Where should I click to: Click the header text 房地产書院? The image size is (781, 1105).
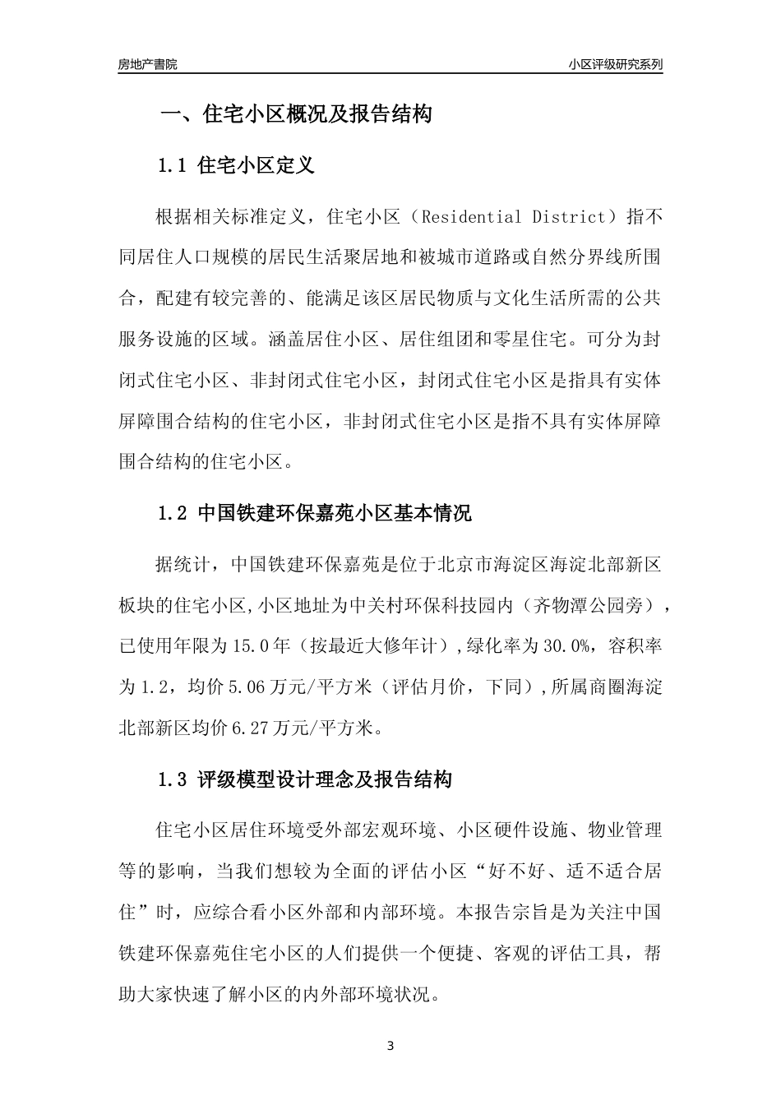(x=148, y=64)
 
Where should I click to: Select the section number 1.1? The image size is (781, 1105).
(x=173, y=165)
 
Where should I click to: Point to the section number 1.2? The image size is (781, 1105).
(x=173, y=514)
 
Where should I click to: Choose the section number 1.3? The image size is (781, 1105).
(x=173, y=779)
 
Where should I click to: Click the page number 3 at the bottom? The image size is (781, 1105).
(x=390, y=1046)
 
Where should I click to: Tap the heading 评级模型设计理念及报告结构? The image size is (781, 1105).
(x=325, y=779)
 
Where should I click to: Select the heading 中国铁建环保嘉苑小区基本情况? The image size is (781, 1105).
(x=335, y=514)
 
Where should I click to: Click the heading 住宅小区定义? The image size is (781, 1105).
(x=256, y=165)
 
